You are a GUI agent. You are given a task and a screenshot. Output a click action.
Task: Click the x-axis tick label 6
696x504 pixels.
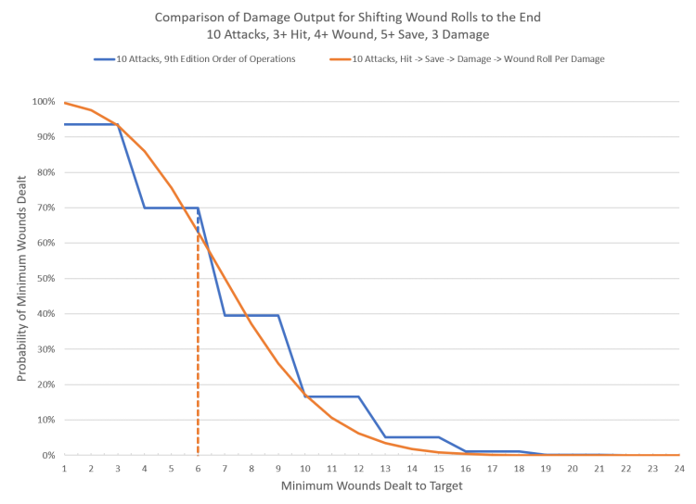tap(198, 470)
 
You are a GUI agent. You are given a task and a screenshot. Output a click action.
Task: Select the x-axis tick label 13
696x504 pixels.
tap(385, 470)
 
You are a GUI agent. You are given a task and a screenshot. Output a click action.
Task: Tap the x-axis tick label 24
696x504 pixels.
tap(679, 470)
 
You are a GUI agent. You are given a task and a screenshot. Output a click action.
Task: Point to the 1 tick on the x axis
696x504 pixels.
tap(64, 470)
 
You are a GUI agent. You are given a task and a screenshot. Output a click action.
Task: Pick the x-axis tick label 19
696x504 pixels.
tap(546, 470)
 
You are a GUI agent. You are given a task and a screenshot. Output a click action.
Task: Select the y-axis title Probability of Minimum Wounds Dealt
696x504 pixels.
tap(20, 278)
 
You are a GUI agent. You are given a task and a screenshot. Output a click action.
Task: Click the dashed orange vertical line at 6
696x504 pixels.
tap(198, 352)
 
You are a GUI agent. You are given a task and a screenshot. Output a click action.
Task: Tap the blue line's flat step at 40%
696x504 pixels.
tap(251, 315)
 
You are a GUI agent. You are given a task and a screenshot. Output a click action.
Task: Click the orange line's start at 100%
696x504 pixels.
tap(65, 102)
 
